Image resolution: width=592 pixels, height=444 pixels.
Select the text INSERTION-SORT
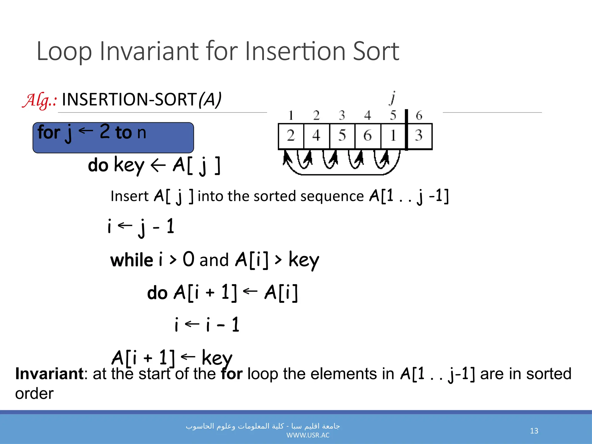(129, 99)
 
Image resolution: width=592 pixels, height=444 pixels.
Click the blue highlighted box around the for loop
(113, 138)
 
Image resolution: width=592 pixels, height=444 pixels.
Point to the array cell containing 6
(367, 136)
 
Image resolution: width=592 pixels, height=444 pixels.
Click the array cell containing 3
(419, 136)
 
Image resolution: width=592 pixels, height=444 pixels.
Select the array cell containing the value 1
(393, 136)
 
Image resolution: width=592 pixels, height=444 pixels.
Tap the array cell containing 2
(291, 136)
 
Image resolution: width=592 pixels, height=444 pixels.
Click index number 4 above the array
(367, 116)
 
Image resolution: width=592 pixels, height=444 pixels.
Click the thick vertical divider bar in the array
(406, 130)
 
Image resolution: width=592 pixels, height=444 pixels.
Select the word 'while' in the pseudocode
(132, 260)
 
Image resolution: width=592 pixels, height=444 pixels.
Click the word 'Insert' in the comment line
(129, 196)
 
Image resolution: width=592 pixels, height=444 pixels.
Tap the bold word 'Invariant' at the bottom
(49, 374)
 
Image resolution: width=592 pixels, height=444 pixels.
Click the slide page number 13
(534, 431)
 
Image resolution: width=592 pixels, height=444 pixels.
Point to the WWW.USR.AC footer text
(308, 435)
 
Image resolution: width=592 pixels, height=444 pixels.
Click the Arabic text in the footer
(263, 426)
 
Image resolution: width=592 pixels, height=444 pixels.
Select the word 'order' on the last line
(34, 394)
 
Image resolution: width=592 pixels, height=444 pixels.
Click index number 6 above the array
(419, 116)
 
